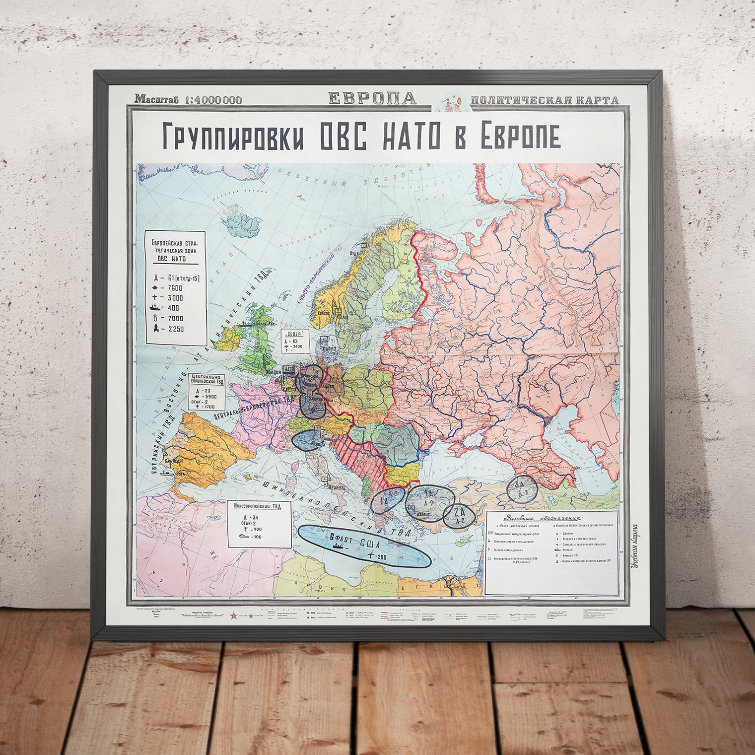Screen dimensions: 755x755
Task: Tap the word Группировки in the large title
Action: pyautogui.click(x=233, y=137)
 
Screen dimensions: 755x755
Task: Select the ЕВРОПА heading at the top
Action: pyautogui.click(x=372, y=98)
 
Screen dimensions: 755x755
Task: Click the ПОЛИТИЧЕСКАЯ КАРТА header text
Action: pyautogui.click(x=544, y=100)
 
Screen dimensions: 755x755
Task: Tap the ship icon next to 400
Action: pyautogui.click(x=156, y=308)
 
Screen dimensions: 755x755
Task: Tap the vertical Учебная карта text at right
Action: pyautogui.click(x=634, y=546)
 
